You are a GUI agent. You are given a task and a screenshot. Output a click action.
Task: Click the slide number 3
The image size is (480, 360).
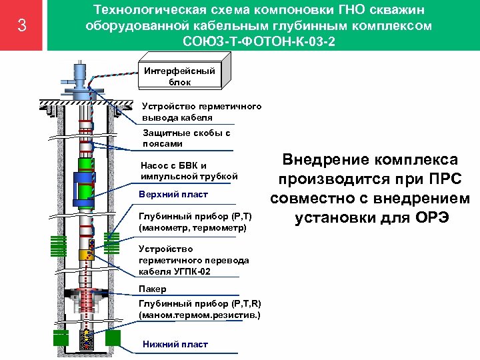point(22,26)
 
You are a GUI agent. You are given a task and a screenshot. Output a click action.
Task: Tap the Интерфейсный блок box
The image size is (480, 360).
point(179,75)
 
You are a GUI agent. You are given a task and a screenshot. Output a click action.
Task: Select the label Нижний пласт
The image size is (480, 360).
point(175,344)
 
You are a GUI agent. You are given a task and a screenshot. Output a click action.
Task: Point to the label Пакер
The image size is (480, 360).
point(153,289)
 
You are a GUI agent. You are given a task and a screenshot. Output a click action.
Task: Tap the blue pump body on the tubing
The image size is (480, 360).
point(85,181)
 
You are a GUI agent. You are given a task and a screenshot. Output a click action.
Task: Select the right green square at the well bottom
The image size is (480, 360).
point(113,337)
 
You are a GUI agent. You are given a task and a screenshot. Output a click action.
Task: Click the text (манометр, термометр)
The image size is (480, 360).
point(192,228)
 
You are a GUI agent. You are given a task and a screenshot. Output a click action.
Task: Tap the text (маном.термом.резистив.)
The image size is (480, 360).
point(199,314)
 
